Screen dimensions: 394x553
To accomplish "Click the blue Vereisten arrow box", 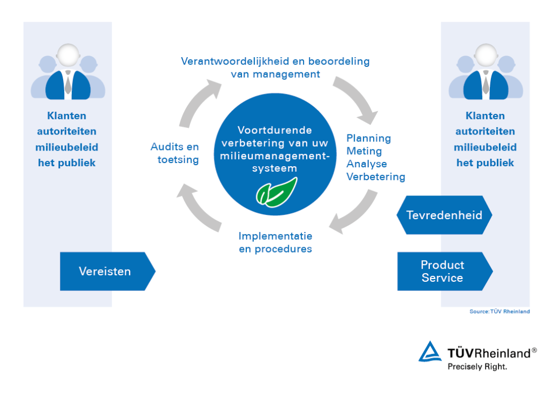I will [x=106, y=271].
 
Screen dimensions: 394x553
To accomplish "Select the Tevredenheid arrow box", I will [x=443, y=215].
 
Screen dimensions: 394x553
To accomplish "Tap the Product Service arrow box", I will [x=443, y=271].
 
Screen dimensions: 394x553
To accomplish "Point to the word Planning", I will [x=369, y=138].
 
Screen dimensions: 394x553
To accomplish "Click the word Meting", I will [x=364, y=151].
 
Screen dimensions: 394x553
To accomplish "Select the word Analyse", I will [x=367, y=164].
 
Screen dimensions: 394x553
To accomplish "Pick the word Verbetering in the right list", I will [x=376, y=176].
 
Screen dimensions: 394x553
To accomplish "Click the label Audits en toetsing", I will [x=175, y=153].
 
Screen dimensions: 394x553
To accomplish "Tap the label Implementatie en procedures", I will [x=275, y=242].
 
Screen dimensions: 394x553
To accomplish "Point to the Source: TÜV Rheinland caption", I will [x=500, y=311].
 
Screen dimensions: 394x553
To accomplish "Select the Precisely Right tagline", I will [x=477, y=366].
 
